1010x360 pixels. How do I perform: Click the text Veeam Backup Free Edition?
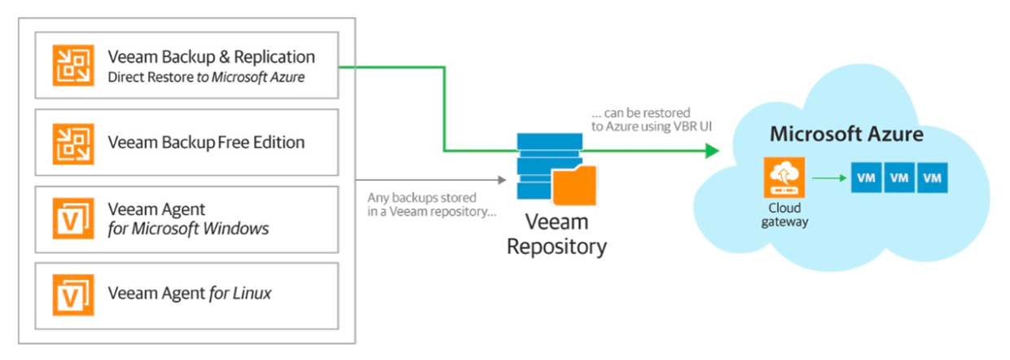[206, 143]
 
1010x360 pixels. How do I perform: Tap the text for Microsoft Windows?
[188, 229]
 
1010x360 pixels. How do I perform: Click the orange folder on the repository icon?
[575, 185]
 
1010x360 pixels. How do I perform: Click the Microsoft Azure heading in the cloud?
[847, 134]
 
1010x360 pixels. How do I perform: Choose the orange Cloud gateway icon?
[782, 178]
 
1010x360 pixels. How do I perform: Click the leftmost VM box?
[867, 178]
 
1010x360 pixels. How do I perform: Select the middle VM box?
[900, 178]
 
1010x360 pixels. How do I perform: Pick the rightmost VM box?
[933, 178]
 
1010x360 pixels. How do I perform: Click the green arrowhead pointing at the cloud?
[711, 151]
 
